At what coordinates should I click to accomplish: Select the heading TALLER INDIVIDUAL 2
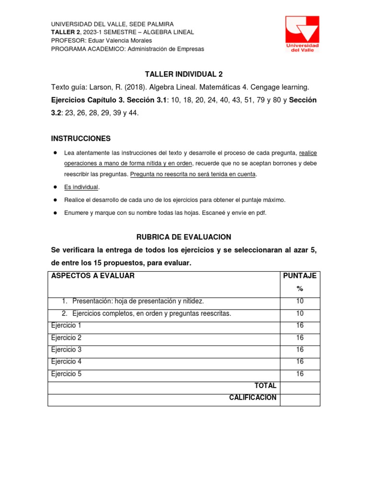184,74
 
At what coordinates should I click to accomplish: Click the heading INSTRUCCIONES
80,139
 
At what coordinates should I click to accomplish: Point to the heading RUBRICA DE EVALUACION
184,237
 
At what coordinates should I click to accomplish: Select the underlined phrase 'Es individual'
81,187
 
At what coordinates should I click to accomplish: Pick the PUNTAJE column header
300,276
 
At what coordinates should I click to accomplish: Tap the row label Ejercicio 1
66,325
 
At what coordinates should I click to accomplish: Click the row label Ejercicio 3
66,350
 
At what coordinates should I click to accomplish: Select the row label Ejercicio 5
66,374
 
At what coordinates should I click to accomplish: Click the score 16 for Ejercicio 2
300,338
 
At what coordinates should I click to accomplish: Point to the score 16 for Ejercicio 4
300,362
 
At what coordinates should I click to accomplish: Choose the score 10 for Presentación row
300,301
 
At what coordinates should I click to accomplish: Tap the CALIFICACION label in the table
253,398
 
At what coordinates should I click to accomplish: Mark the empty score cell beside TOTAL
300,387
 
